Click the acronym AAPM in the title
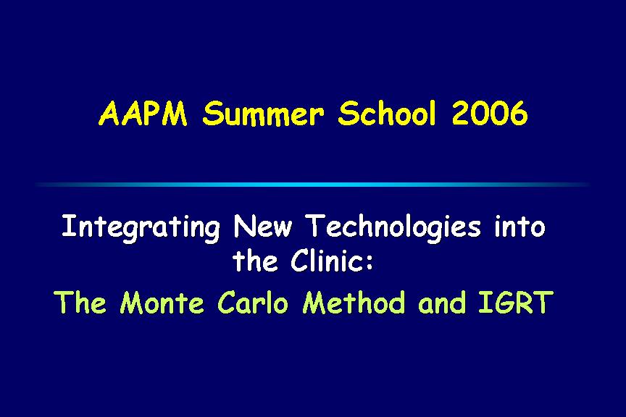[x=143, y=114]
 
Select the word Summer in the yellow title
[x=263, y=114]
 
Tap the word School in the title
[x=386, y=113]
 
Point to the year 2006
[x=490, y=113]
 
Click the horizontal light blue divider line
[x=313, y=185]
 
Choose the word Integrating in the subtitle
[x=141, y=228]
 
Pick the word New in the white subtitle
[x=263, y=227]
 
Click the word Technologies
[x=393, y=227]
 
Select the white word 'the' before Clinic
[x=255, y=261]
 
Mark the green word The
[x=80, y=302]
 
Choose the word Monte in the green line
[x=162, y=302]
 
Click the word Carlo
[x=253, y=302]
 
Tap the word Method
[x=354, y=302]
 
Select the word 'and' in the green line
[x=442, y=302]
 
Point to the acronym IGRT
[x=515, y=302]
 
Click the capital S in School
[x=348, y=114]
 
